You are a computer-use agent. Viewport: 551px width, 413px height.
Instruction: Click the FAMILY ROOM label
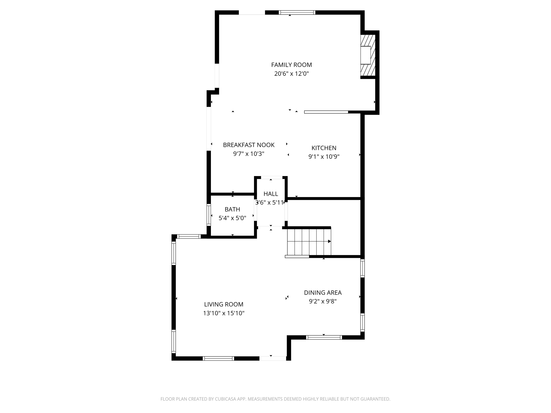pyautogui.click(x=291, y=65)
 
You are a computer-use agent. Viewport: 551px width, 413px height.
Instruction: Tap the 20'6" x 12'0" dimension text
pyautogui.click(x=291, y=74)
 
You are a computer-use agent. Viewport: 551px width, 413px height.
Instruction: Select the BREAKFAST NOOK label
pyautogui.click(x=249, y=145)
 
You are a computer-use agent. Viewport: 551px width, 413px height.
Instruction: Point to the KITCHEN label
pyautogui.click(x=324, y=148)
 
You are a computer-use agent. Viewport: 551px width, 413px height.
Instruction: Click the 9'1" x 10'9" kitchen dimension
pyautogui.click(x=324, y=157)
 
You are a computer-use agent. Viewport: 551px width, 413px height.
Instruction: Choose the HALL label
pyautogui.click(x=271, y=194)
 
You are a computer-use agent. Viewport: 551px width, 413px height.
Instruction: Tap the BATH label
pyautogui.click(x=232, y=209)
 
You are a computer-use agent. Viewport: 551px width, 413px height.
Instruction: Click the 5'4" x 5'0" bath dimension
pyautogui.click(x=232, y=218)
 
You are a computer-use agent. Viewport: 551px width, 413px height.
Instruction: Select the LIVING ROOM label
pyautogui.click(x=224, y=304)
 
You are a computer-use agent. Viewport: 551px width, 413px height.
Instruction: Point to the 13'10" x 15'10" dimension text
pyautogui.click(x=224, y=313)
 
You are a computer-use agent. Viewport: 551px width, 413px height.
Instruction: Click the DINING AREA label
pyautogui.click(x=323, y=293)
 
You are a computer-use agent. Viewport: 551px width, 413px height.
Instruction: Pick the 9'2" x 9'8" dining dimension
pyautogui.click(x=323, y=301)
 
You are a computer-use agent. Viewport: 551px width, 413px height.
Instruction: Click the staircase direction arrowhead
pyautogui.click(x=329, y=241)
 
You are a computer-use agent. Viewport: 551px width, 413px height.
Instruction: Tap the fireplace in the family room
pyautogui.click(x=368, y=55)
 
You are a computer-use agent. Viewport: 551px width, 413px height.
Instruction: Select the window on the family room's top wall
pyautogui.click(x=297, y=12)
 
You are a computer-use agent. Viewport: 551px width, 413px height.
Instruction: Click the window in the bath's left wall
pyautogui.click(x=209, y=214)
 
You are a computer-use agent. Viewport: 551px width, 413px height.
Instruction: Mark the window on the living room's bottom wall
pyautogui.click(x=218, y=358)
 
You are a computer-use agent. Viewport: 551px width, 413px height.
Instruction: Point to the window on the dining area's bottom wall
pyautogui.click(x=324, y=337)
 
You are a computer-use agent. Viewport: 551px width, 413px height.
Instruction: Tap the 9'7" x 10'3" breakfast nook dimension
pyautogui.click(x=249, y=154)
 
